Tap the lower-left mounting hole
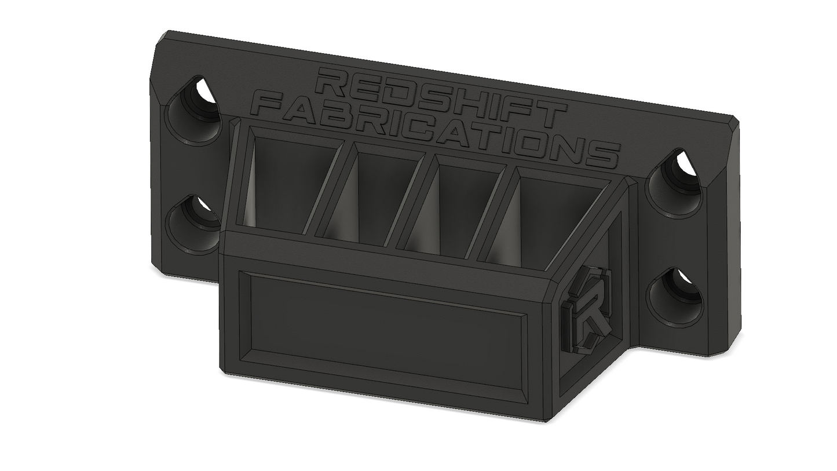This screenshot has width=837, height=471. point(193,224)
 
